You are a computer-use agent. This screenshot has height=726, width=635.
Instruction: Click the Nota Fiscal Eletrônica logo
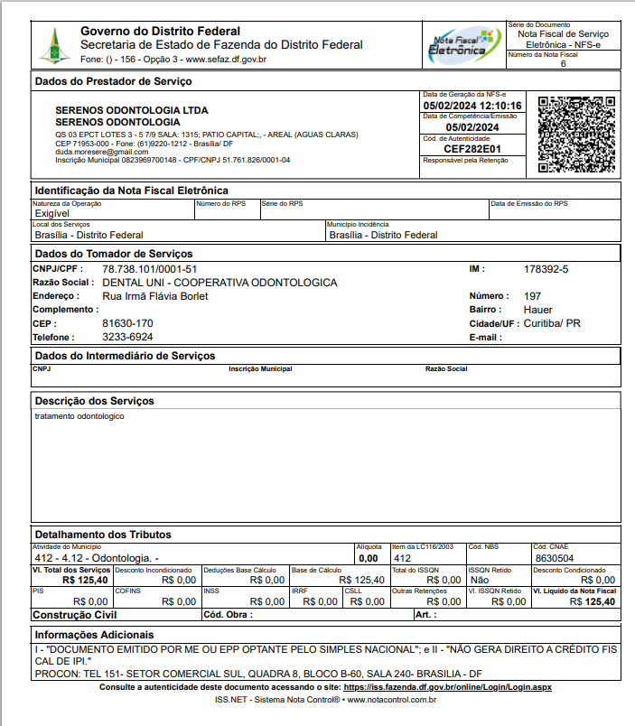464,44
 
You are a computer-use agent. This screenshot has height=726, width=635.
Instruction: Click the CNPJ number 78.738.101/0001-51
149,269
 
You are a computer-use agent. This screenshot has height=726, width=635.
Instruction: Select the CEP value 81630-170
127,323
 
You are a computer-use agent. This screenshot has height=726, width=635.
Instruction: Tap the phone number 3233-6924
127,337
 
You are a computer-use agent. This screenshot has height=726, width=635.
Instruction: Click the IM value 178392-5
546,269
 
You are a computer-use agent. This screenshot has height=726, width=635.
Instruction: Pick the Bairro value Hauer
538,310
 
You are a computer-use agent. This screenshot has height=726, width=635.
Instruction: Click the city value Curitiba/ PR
553,323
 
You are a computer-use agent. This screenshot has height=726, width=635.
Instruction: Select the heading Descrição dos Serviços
94,400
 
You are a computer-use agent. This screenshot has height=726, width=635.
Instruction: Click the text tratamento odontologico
79,416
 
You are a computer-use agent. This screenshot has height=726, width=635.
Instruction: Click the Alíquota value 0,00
369,558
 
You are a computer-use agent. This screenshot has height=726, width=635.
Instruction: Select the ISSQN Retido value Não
480,580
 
